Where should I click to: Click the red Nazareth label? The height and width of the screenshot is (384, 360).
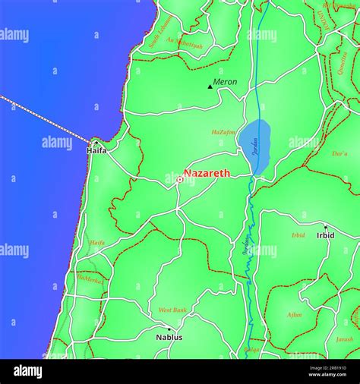click(x=207, y=173)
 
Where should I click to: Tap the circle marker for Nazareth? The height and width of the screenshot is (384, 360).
click(x=179, y=179)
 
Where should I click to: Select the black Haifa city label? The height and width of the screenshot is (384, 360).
click(x=96, y=150)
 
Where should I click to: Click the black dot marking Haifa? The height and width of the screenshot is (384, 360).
click(x=96, y=142)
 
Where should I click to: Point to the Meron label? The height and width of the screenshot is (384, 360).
click(x=225, y=82)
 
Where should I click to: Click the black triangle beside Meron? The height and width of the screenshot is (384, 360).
click(x=210, y=87)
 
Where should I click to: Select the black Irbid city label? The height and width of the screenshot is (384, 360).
click(x=325, y=235)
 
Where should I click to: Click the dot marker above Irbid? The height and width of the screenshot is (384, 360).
click(x=325, y=226)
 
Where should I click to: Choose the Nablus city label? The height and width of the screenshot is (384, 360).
click(x=169, y=337)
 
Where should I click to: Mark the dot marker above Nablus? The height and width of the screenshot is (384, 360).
click(x=169, y=329)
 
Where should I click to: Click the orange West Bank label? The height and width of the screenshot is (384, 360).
click(x=172, y=310)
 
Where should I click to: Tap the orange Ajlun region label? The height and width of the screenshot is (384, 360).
click(x=294, y=314)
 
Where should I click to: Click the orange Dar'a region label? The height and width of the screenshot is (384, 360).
click(x=339, y=153)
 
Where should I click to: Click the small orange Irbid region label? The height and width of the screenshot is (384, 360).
click(x=298, y=235)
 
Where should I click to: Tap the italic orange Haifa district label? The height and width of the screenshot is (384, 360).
click(x=96, y=243)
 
